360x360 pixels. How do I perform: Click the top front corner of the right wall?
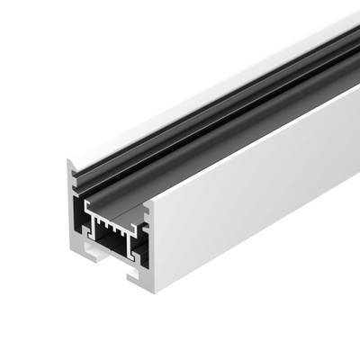(x=149, y=202)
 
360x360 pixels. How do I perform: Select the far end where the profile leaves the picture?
(x=346, y=45)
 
